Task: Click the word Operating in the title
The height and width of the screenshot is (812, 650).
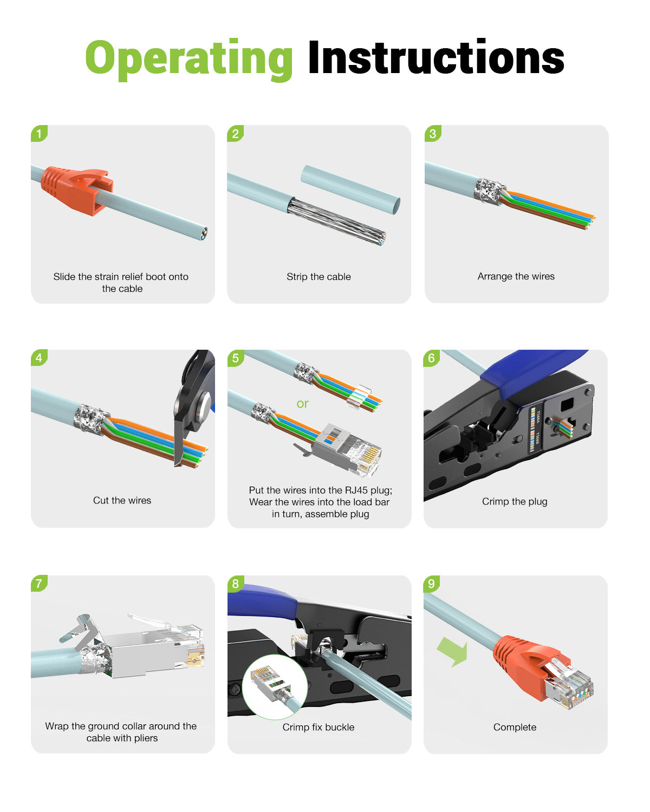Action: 189,58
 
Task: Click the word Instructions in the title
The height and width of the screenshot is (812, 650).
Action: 436,58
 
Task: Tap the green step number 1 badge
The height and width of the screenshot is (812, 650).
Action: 39,133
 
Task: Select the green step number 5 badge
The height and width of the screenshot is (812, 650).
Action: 236,358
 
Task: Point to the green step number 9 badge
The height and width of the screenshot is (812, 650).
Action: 432,584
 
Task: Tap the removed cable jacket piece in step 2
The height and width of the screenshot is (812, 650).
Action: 350,189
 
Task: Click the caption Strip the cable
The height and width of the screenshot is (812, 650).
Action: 318,277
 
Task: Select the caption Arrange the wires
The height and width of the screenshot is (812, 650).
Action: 516,276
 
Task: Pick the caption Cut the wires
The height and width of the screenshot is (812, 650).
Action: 122,500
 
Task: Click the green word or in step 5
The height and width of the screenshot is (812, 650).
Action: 302,403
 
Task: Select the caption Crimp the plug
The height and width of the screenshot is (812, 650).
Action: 515,501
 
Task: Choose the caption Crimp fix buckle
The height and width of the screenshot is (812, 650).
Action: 318,727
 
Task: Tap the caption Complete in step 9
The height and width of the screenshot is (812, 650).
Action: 515,727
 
